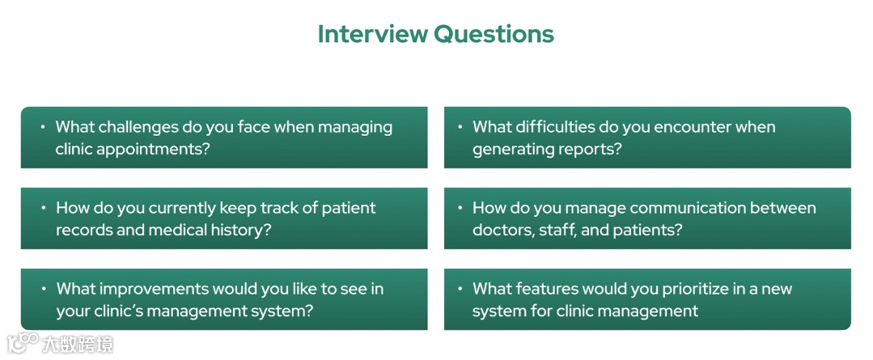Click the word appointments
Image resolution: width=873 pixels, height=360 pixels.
[155, 149]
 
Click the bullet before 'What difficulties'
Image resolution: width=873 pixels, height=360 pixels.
[460, 127]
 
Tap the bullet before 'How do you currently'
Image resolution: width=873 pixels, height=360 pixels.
[43, 208]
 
